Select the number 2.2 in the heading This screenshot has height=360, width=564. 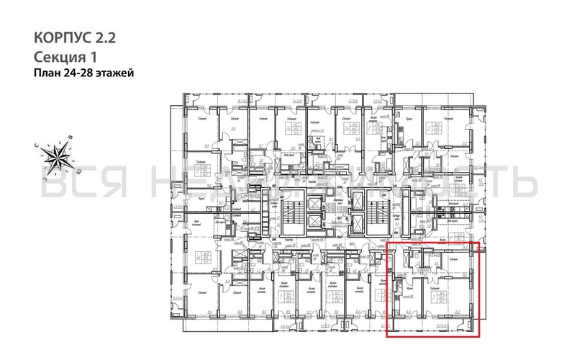(104, 37)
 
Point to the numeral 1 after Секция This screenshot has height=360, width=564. (94, 56)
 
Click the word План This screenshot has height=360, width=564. (47, 73)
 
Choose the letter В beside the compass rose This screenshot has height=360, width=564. (70, 136)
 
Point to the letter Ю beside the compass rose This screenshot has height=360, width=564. (78, 172)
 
